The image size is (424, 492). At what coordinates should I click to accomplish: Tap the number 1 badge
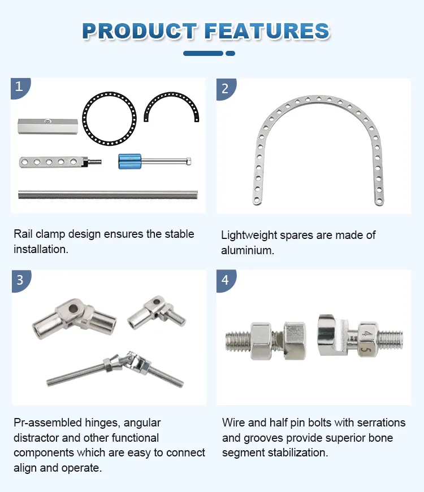coord(19,87)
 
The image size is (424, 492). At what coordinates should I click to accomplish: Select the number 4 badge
coord(225,280)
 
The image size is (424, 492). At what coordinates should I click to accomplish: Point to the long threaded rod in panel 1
coord(107,194)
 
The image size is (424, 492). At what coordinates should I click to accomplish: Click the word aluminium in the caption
coord(247,250)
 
